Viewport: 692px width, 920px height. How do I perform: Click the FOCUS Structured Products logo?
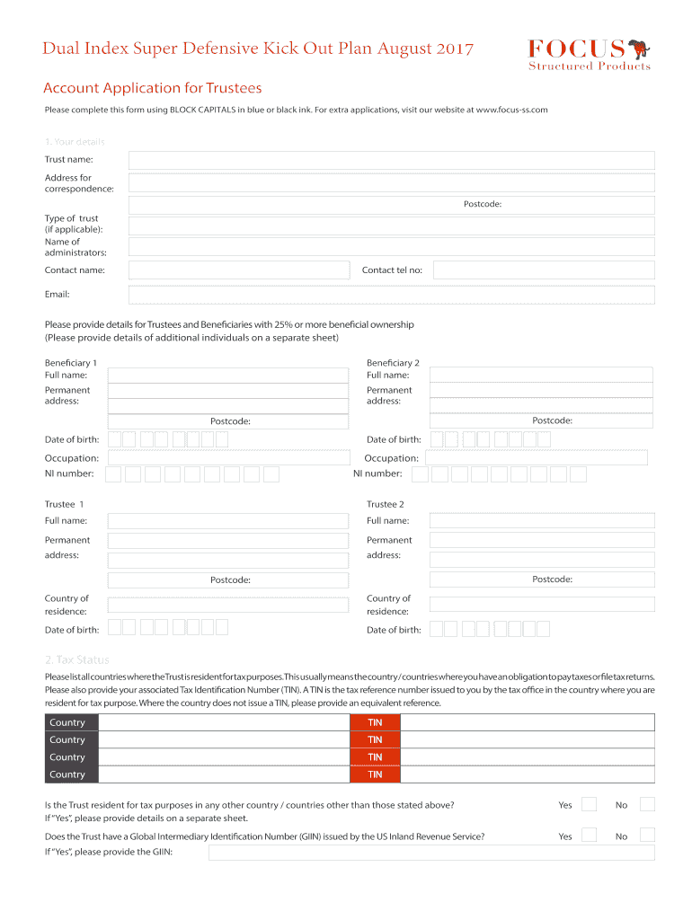[x=589, y=54]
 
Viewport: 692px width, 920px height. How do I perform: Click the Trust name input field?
[x=391, y=160]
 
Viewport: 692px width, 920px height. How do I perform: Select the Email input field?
[x=391, y=295]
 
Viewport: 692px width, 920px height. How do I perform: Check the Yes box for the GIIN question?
[x=589, y=836]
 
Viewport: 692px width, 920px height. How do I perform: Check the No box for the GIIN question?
[x=647, y=836]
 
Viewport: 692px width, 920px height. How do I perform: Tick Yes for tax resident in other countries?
[x=589, y=804]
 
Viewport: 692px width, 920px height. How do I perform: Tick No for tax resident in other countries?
[x=647, y=804]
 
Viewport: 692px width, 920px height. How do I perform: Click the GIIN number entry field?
[x=431, y=852]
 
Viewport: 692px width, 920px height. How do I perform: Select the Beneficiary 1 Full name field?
[x=227, y=370]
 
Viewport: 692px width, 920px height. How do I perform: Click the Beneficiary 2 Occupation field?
[x=537, y=458]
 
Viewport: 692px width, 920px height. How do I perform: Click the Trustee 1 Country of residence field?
[x=227, y=605]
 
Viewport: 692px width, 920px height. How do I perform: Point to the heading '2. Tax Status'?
[x=77, y=659]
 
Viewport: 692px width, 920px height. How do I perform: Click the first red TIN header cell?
[x=375, y=722]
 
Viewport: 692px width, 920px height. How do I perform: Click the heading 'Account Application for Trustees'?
[x=153, y=88]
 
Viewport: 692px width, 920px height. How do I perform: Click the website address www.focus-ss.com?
[x=511, y=110]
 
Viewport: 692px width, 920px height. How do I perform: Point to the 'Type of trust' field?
[x=391, y=226]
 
